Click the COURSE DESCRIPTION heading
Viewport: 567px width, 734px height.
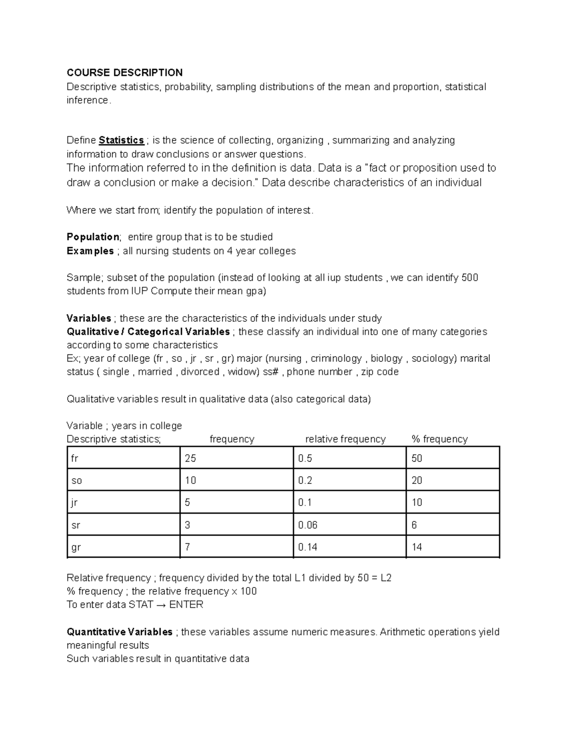(x=124, y=72)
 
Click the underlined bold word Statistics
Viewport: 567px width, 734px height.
(x=121, y=140)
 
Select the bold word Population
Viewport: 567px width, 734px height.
(x=93, y=237)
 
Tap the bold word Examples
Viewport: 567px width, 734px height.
(x=90, y=250)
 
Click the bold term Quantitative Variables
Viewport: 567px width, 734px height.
(x=120, y=632)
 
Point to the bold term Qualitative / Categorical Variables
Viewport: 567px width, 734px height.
(x=148, y=332)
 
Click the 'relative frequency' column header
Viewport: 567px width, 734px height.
(x=345, y=439)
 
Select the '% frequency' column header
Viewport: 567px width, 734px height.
(x=439, y=439)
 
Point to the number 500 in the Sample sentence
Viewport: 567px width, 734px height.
(x=470, y=277)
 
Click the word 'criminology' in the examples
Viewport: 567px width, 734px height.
(x=336, y=358)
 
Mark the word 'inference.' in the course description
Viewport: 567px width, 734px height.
(x=89, y=100)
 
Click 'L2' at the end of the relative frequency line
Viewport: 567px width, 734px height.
(x=386, y=578)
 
